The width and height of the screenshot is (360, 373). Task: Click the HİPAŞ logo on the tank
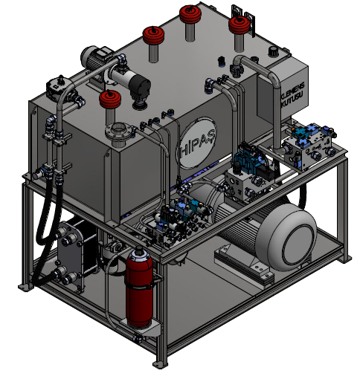click(x=198, y=143)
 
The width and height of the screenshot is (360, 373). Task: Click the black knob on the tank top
click(x=273, y=51)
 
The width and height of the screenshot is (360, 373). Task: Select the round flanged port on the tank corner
click(x=118, y=132)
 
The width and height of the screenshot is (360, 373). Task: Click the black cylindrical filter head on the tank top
click(x=139, y=87)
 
